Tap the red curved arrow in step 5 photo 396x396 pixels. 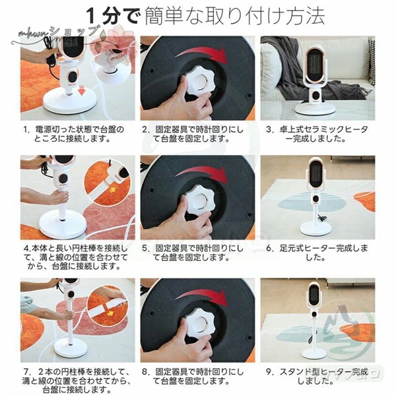(x=205, y=172)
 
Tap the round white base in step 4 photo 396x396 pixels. (x=63, y=228)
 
